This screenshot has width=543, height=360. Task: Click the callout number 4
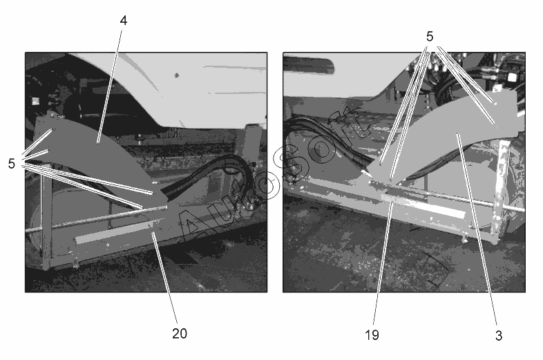(124, 21)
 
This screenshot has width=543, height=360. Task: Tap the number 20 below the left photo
(180, 333)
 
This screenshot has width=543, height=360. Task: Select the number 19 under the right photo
(372, 335)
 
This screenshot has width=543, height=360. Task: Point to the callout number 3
(499, 335)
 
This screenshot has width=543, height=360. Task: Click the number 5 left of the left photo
(12, 164)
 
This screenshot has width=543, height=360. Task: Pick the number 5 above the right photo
(430, 37)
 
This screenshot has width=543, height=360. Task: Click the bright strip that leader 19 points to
(423, 206)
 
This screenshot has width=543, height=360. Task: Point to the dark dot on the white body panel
(177, 75)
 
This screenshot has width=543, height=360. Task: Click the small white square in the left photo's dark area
(35, 101)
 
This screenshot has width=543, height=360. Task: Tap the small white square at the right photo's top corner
(511, 77)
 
